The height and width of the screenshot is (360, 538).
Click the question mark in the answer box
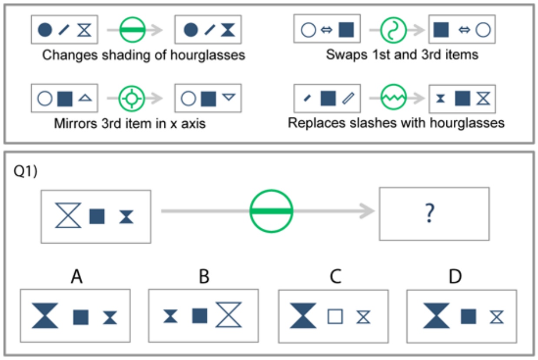(430, 213)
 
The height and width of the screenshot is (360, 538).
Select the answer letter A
(76, 276)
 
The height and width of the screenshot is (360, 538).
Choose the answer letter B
(204, 276)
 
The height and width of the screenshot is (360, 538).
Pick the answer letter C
(335, 276)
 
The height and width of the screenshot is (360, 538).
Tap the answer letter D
(455, 276)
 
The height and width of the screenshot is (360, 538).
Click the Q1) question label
(26, 171)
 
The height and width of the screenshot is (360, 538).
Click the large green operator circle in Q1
(272, 211)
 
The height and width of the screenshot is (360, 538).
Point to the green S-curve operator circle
(393, 30)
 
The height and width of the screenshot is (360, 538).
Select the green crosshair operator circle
(132, 98)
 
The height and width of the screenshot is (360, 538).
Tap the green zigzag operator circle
(393, 97)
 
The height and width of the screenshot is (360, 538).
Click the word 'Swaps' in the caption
(347, 55)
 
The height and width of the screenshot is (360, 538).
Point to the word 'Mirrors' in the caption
(76, 123)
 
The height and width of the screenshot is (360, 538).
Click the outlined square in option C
(335, 317)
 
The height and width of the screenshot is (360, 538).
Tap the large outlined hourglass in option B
(229, 315)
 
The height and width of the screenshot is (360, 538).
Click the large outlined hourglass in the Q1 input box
(68, 215)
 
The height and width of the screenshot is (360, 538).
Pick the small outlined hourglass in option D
(496, 317)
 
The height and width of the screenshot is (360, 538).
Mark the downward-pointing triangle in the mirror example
(229, 97)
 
